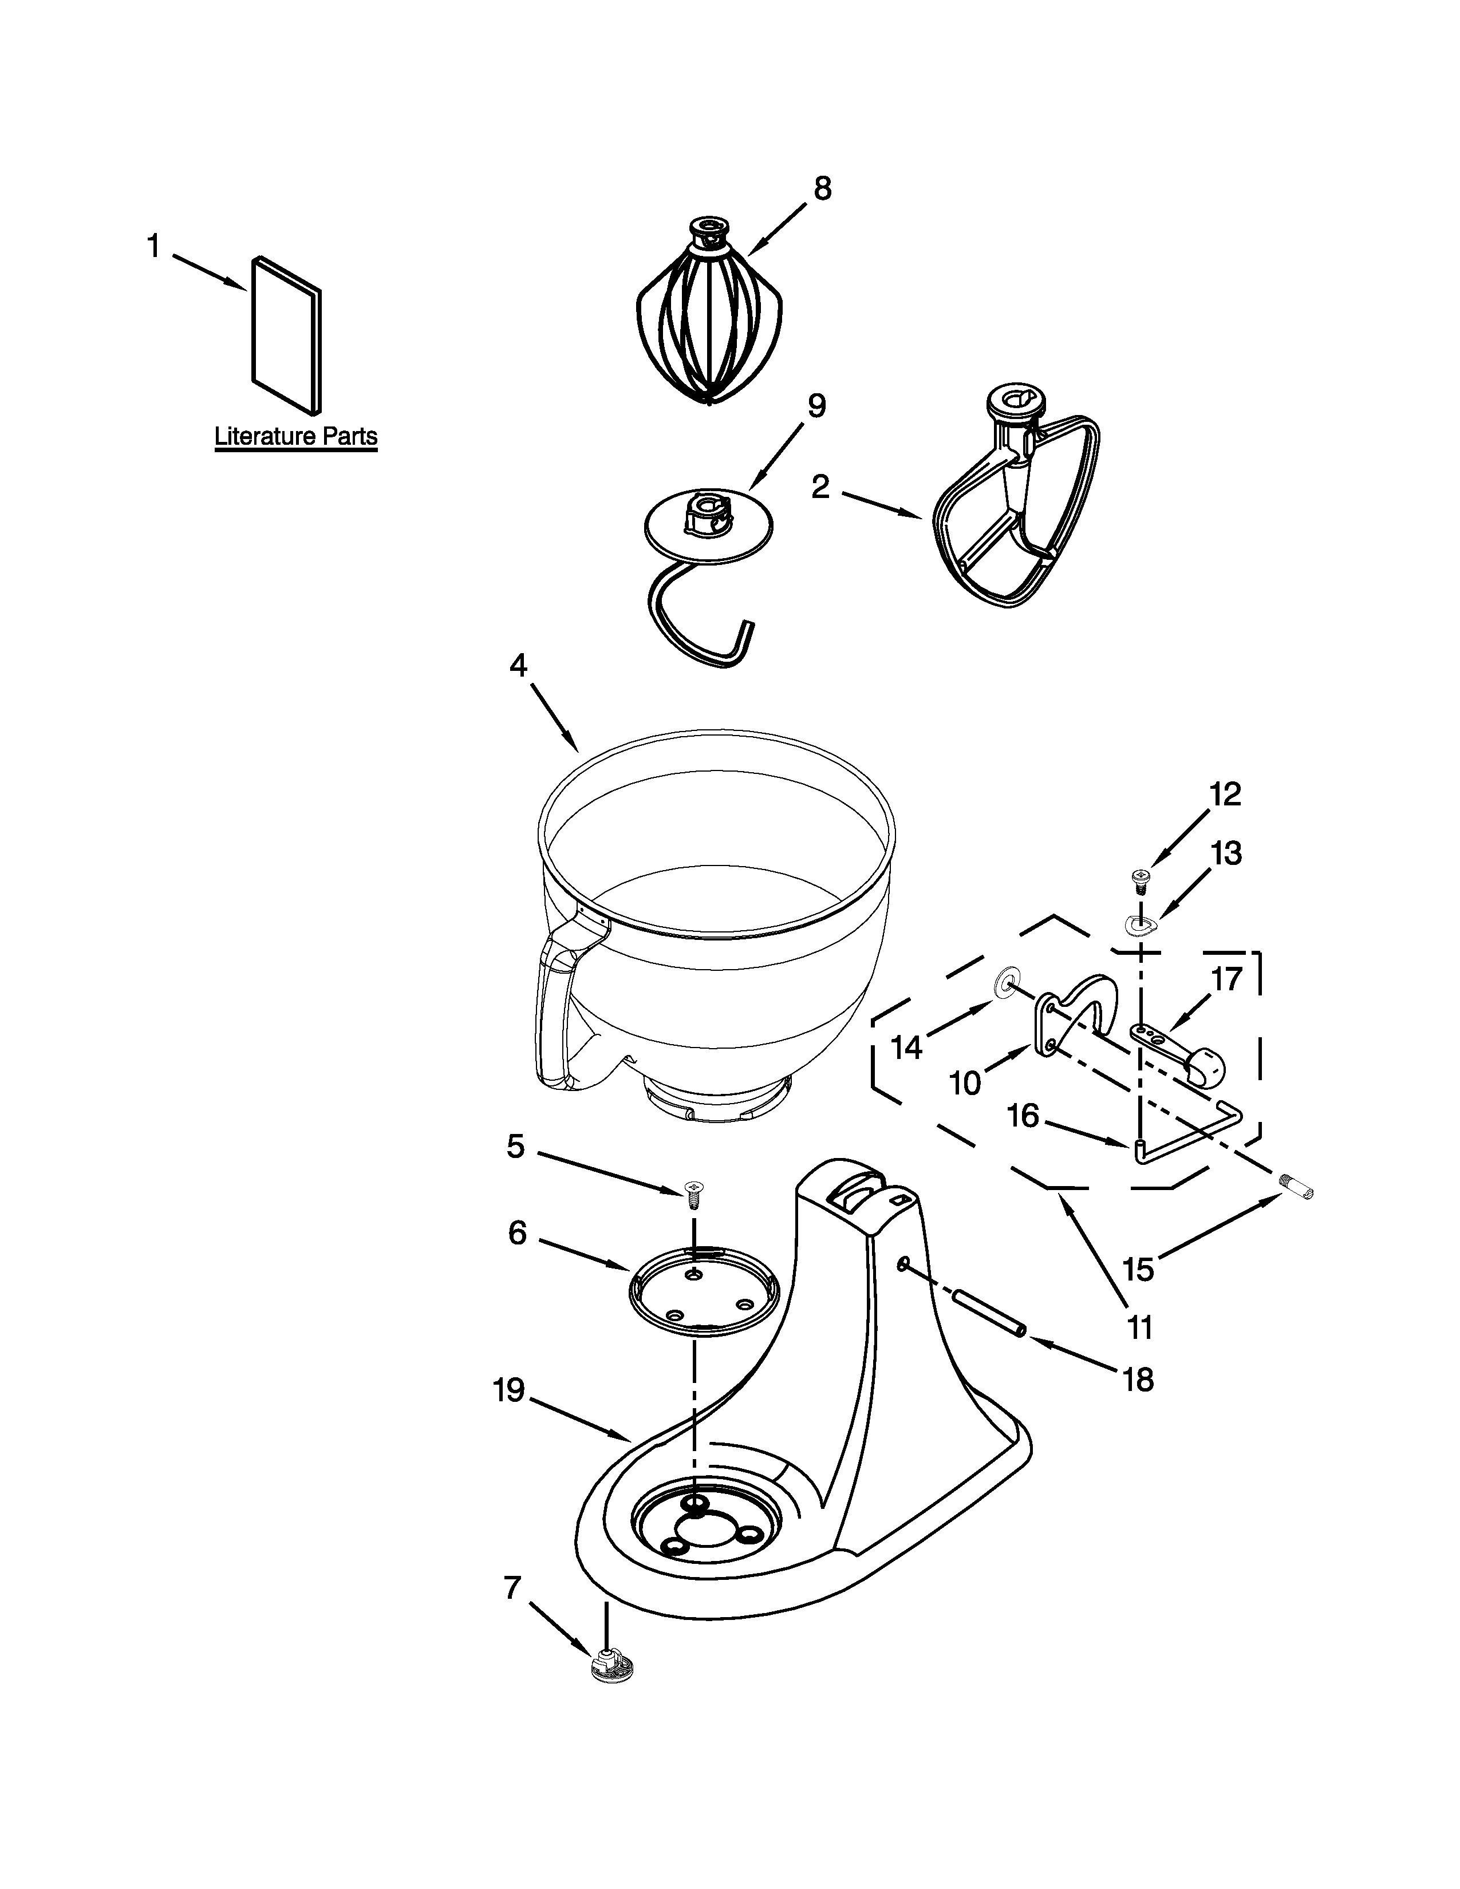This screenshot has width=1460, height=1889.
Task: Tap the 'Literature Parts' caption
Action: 296,436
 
